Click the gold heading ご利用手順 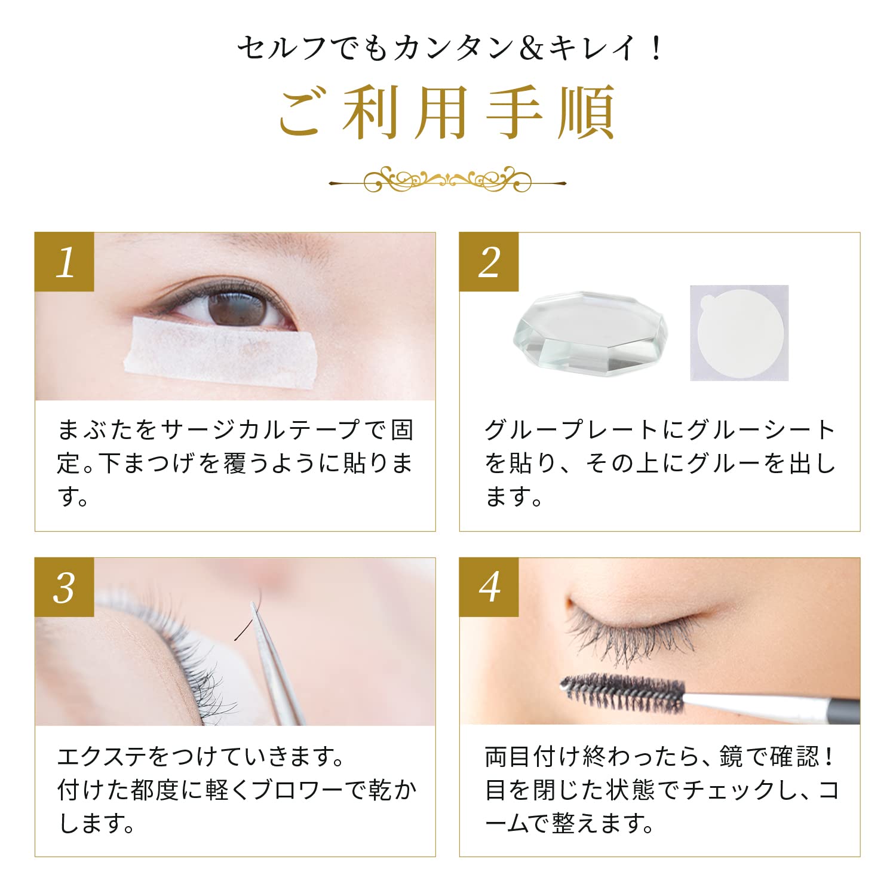pyautogui.click(x=447, y=113)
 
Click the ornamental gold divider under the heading pyautogui.click(x=447, y=179)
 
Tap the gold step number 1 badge pyautogui.click(x=65, y=262)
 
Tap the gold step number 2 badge pyautogui.click(x=489, y=262)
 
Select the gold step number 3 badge pyautogui.click(x=65, y=587)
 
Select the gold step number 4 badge pyautogui.click(x=489, y=587)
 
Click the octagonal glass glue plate pyautogui.click(x=590, y=332)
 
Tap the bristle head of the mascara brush pyautogui.click(x=621, y=693)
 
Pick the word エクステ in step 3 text pyautogui.click(x=102, y=757)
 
